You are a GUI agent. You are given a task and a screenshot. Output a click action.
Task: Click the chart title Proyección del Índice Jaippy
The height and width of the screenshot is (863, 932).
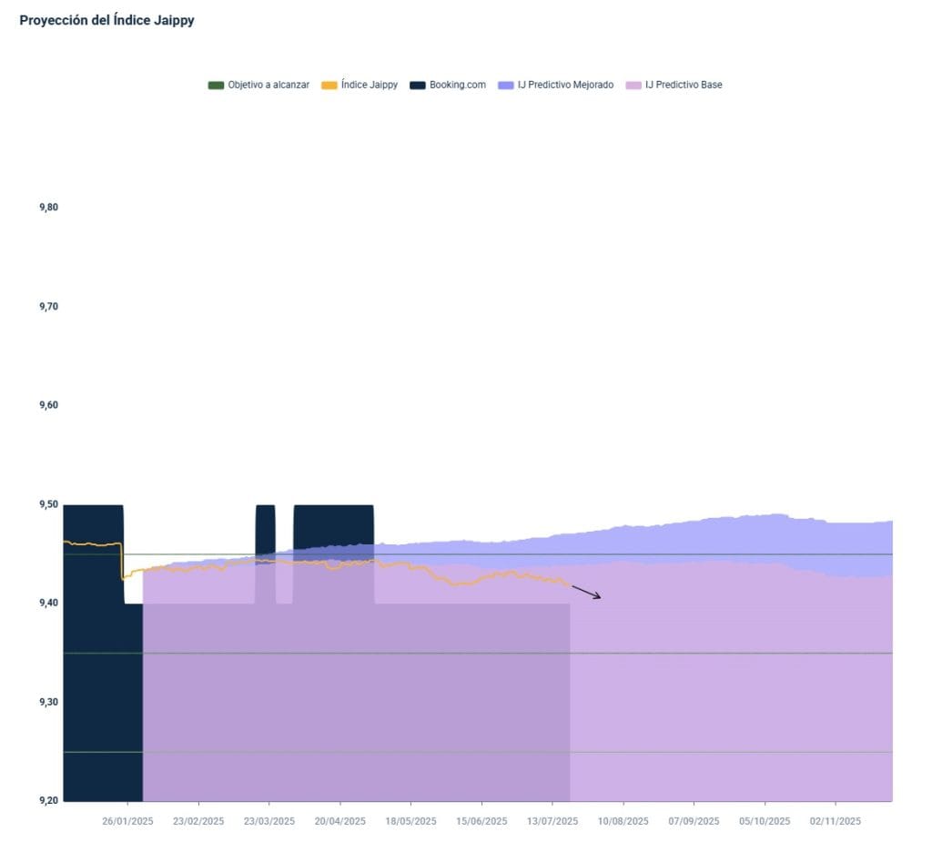[x=106, y=20]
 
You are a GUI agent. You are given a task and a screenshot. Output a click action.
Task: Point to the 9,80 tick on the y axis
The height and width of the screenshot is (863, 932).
[x=48, y=208]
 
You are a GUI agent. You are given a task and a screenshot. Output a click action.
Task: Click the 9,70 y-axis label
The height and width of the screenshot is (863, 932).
[x=48, y=307]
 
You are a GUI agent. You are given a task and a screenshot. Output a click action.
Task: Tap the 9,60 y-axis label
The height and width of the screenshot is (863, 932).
[x=48, y=405]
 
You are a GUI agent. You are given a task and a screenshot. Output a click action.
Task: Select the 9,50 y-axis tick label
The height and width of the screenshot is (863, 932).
[x=48, y=504]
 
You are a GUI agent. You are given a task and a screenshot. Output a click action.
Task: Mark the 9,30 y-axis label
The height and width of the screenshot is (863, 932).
[x=48, y=702]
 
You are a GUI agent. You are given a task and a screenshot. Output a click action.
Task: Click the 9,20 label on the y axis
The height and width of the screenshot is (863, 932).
[x=48, y=800]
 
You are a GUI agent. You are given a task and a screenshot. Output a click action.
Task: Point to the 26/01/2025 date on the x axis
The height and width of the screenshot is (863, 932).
[x=127, y=821]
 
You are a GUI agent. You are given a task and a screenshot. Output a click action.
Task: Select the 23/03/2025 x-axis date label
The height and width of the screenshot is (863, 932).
[x=269, y=821]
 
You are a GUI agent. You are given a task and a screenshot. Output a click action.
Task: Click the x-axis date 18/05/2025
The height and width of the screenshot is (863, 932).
[x=410, y=821]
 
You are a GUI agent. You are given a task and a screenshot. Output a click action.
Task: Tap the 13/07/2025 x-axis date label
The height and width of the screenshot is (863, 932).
[x=552, y=821]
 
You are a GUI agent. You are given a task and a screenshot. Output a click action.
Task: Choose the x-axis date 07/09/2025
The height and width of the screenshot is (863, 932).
[x=694, y=821]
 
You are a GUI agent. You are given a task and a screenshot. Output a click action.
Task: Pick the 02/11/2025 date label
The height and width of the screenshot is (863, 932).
[x=836, y=821]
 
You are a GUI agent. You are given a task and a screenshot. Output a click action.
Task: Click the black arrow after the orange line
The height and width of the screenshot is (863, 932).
[x=586, y=592]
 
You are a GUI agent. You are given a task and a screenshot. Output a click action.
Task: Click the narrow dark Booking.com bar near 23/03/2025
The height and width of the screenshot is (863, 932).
[x=265, y=528]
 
